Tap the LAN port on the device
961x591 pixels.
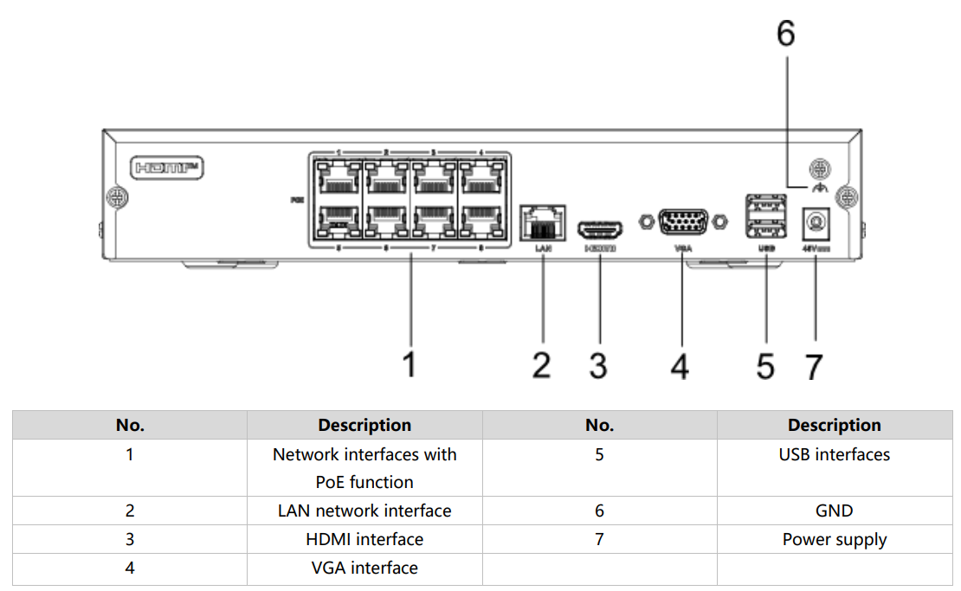542,222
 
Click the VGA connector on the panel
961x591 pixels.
681,222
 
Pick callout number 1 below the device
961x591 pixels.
410,364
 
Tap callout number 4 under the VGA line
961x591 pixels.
680,366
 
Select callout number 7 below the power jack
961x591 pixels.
814,366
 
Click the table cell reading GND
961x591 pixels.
834,511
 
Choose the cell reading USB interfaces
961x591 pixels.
834,454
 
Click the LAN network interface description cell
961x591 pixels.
364,511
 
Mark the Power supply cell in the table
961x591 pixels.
834,539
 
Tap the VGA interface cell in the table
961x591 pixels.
364,568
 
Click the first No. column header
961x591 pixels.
130,425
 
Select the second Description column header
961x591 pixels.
834,425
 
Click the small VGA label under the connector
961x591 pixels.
681,249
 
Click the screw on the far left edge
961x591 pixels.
116,196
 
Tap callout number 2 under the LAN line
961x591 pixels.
541,365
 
